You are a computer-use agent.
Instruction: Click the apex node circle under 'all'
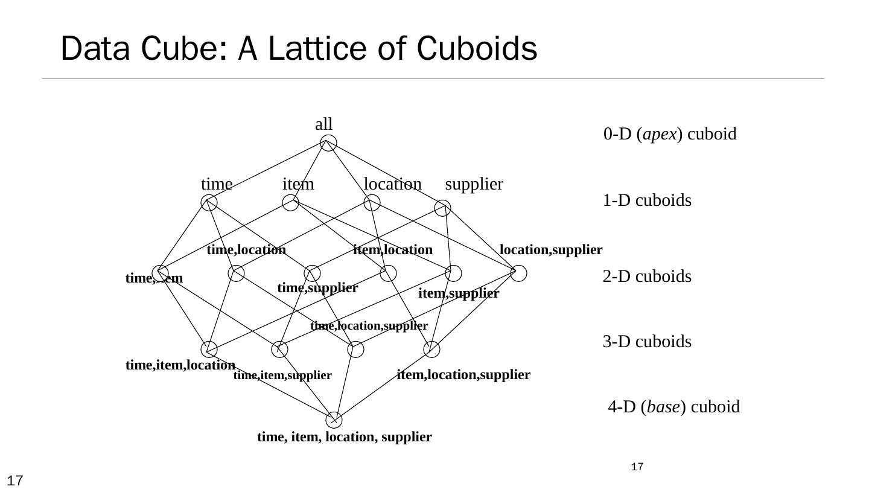click(328, 143)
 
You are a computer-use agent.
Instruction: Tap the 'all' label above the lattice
click(324, 124)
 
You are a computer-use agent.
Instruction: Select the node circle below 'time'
click(209, 203)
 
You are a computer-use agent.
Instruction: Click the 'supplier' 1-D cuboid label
click(474, 184)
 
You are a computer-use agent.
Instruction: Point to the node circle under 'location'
click(372, 203)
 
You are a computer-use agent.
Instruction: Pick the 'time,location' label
click(246, 250)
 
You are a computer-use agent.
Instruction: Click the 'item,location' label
click(393, 250)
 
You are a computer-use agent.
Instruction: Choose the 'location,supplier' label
click(551, 250)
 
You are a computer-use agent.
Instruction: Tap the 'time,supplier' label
click(317, 288)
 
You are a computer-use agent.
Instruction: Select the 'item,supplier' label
click(459, 293)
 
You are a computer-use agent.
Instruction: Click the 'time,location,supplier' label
click(369, 326)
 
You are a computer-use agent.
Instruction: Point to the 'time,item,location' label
click(180, 365)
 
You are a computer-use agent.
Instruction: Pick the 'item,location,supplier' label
click(463, 375)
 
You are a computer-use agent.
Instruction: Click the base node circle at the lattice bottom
click(334, 420)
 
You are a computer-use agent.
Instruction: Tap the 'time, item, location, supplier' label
click(345, 436)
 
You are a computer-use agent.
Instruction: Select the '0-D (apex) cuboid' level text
click(670, 134)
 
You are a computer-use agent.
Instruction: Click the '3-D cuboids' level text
click(647, 342)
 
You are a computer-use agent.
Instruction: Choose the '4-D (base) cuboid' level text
click(673, 407)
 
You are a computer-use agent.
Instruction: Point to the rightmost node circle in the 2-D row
click(518, 273)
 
